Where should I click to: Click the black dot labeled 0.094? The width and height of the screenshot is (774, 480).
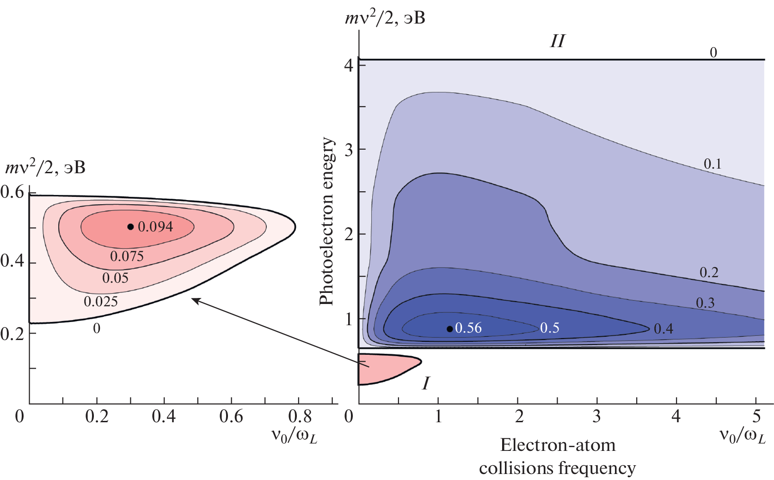coord(130,227)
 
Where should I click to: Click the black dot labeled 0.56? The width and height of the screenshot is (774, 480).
coord(449,329)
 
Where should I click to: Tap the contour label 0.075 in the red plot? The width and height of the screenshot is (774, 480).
coord(127,256)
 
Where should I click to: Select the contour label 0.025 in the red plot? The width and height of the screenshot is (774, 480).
coord(101,302)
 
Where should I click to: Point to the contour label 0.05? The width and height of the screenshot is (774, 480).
coord(115,278)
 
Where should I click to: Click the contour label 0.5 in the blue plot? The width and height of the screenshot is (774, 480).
coord(550,328)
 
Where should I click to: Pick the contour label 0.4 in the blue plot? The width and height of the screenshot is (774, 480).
coord(663,329)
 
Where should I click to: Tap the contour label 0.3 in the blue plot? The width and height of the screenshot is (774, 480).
coord(705,303)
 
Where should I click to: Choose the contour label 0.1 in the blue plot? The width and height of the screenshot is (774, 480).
coord(713,164)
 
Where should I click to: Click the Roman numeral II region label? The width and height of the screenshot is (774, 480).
coord(557,42)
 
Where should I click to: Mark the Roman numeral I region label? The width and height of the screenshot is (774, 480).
coord(426,383)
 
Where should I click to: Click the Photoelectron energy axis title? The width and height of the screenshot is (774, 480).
coord(326,221)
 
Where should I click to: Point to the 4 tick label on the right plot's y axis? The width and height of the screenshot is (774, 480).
coord(349,65)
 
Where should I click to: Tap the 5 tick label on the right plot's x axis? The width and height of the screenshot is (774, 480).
coord(756,417)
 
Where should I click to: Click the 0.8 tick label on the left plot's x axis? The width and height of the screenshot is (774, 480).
coord(300,417)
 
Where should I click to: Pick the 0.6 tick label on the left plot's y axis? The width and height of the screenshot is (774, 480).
coord(12,192)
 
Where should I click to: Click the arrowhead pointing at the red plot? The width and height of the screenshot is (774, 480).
coord(194,300)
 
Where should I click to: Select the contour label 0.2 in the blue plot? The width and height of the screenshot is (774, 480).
coord(709,273)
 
